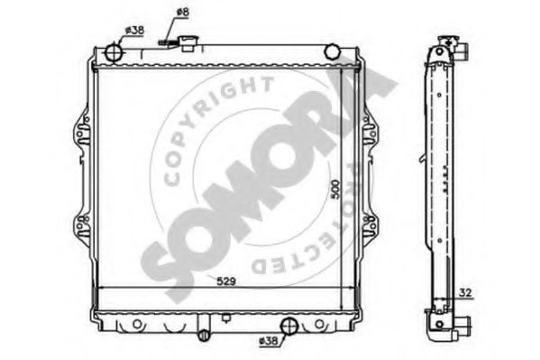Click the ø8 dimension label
182,13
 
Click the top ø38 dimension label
134,31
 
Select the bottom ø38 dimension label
268,341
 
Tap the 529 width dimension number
226,282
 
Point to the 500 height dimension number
334,189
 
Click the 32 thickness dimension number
465,292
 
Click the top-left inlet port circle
114,52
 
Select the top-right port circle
332,51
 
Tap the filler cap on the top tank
188,43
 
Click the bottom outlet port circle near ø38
289,326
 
